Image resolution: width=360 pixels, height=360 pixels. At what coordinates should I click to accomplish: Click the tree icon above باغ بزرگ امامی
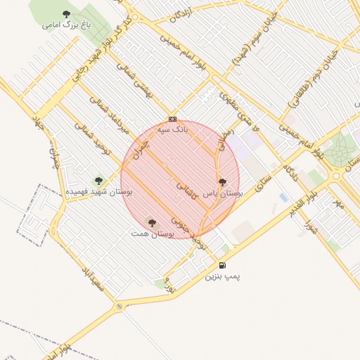[66, 14]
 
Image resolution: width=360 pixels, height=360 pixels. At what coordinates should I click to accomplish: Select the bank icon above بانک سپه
[172, 119]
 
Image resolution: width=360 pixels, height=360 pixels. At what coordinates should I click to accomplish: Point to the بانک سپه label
[172, 130]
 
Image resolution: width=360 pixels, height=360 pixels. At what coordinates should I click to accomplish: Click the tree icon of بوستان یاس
[222, 182]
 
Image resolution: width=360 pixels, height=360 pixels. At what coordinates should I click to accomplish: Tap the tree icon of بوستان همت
[151, 223]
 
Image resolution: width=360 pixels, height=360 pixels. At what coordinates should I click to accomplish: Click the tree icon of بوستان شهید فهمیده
[98, 181]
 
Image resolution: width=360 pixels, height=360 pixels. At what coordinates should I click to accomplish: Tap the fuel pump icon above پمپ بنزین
[222, 265]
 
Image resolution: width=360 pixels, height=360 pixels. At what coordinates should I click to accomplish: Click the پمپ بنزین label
[222, 276]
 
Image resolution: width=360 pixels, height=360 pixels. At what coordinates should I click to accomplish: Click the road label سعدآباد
[92, 280]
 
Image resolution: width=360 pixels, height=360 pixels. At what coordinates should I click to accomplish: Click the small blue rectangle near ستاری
[283, 198]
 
